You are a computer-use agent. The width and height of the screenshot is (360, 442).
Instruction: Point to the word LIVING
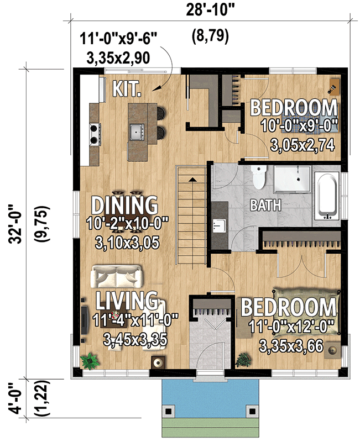pyautogui.click(x=127, y=301)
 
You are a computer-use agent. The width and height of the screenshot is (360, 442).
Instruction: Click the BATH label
pyautogui.click(x=265, y=206)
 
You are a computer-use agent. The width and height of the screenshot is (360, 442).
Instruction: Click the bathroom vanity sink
pyautogui.click(x=218, y=225)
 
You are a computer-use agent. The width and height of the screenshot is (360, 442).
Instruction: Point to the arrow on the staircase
pyautogui.click(x=191, y=180)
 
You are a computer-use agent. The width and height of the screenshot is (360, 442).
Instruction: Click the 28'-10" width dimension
pyautogui.click(x=210, y=9)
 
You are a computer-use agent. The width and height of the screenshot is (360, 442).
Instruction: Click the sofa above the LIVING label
pyautogui.click(x=118, y=275)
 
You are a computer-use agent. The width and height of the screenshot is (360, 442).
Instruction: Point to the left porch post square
pyautogui.click(x=169, y=411)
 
